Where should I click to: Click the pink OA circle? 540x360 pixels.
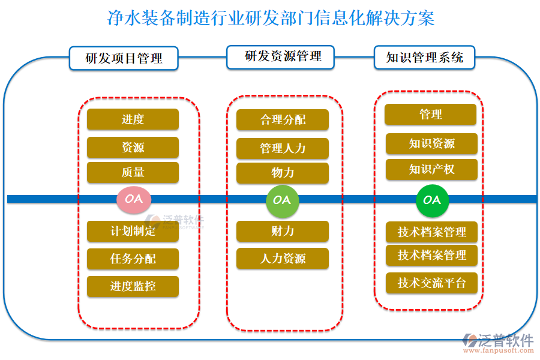tap(133, 199)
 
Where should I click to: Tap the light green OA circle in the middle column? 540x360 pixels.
tap(282, 199)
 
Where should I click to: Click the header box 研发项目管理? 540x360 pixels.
tap(124, 59)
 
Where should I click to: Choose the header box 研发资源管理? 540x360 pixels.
tap(283, 57)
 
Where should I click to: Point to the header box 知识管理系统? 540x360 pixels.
tap(424, 58)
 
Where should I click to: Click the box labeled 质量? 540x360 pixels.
tap(133, 172)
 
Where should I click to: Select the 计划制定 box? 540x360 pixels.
tap(133, 231)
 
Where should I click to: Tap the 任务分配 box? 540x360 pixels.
tap(133, 259)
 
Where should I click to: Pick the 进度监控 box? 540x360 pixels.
tap(133, 286)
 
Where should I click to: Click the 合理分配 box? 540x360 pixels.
tap(283, 120)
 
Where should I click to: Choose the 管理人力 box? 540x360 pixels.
tap(283, 148)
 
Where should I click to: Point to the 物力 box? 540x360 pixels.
tap(283, 173)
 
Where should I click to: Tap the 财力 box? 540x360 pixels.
tap(283, 231)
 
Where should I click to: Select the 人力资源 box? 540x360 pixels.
tap(283, 259)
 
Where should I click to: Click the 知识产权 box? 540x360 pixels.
tap(431, 170)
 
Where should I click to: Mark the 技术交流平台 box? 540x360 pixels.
tap(431, 283)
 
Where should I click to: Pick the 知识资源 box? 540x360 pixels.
tap(431, 144)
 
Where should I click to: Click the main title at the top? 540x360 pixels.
tap(270, 18)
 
